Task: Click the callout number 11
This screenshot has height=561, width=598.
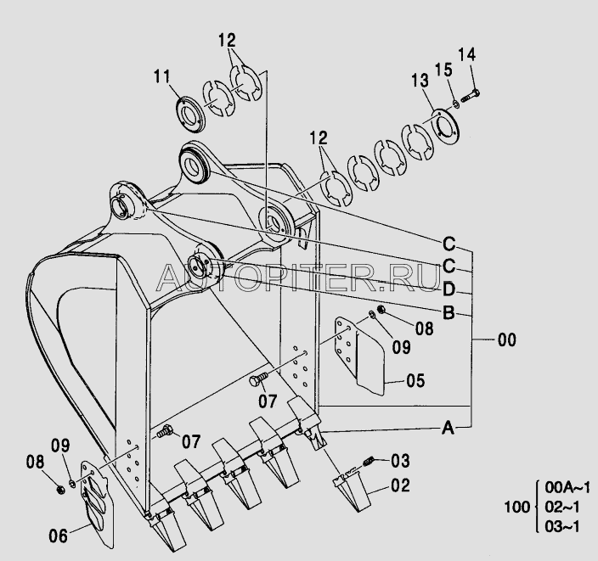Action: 162,77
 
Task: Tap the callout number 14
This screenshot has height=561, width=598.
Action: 467,54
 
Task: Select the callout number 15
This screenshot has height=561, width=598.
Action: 444,70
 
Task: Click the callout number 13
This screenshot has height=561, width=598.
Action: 420,80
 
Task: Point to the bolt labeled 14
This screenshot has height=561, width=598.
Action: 471,95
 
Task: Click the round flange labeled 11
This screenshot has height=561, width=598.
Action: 190,115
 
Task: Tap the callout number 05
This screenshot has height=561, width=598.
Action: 415,380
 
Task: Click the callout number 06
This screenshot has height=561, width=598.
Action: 58,536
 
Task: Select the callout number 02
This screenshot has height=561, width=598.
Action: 400,485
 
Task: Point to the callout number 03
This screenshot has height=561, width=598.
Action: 400,460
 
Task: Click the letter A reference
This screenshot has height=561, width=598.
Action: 448,428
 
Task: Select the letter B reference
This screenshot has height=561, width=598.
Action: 448,313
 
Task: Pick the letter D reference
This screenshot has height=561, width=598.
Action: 448,289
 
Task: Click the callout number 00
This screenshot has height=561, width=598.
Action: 507,339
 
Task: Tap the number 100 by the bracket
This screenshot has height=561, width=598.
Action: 517,507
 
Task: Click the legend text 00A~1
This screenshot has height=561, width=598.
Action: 567,486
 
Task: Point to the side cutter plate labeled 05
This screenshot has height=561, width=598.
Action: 359,356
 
